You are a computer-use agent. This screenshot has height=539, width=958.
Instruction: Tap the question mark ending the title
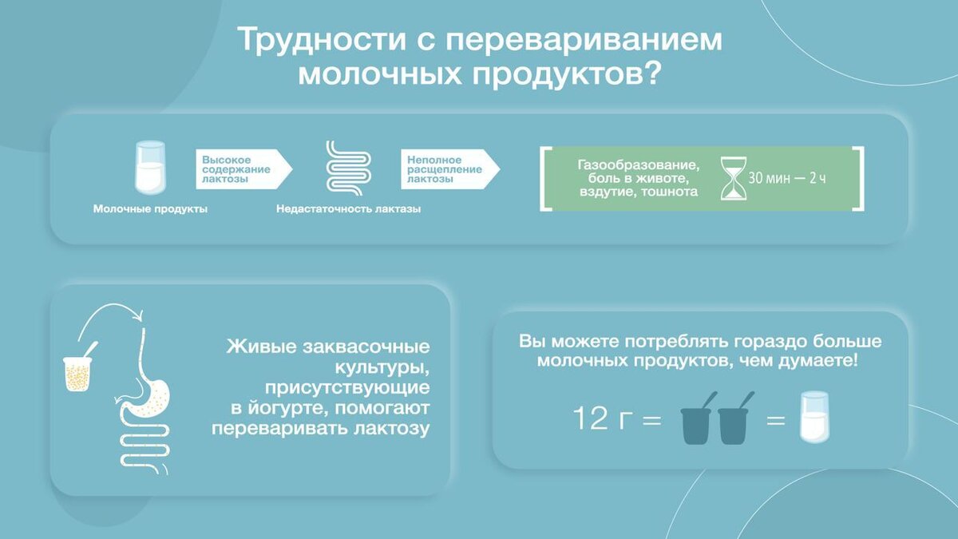(x=651, y=73)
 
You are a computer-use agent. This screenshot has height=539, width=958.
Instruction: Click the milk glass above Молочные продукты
(x=150, y=168)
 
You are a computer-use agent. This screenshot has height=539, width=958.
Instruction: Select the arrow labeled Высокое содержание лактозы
(x=243, y=169)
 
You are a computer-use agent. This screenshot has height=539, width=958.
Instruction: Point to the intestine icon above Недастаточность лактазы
(x=349, y=168)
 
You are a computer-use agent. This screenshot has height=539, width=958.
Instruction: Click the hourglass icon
(x=734, y=178)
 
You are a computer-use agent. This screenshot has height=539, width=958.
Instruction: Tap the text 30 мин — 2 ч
(x=787, y=178)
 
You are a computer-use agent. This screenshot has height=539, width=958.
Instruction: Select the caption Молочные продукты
(x=150, y=208)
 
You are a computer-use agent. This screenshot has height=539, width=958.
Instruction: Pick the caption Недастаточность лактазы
(x=348, y=208)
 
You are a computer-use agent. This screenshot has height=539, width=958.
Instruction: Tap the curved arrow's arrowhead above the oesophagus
(x=137, y=316)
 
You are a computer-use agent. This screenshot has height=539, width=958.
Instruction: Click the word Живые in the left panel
(x=261, y=346)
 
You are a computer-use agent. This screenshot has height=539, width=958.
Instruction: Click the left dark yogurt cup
(x=695, y=425)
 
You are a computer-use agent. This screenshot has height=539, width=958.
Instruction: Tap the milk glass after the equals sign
(x=814, y=417)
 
